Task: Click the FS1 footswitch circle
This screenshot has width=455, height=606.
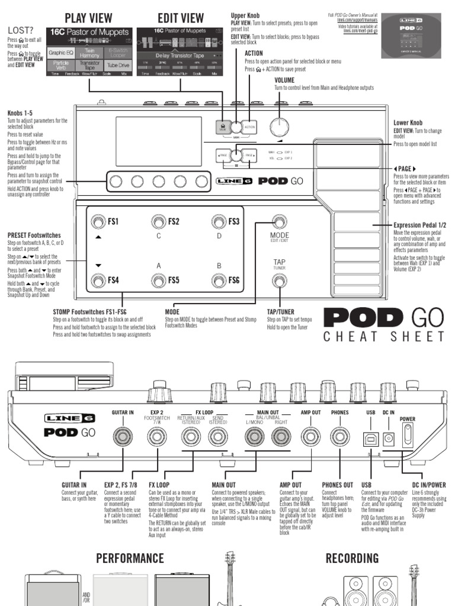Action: (x=97, y=222)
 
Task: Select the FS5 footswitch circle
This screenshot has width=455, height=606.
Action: (x=158, y=280)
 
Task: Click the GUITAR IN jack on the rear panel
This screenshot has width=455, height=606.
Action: (x=123, y=437)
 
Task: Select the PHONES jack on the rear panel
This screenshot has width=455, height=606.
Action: (x=339, y=437)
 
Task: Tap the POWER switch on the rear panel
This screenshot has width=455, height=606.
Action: (x=408, y=436)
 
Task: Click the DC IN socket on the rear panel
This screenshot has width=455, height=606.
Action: (x=389, y=438)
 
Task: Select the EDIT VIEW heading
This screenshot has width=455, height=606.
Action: (x=181, y=17)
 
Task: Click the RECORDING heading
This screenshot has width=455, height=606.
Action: (x=352, y=558)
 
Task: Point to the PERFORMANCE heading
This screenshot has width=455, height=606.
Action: (x=130, y=558)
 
